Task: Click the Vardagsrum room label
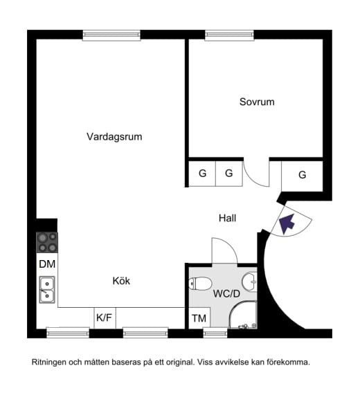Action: coord(114,137)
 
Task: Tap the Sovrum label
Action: coord(257,102)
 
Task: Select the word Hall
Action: coord(228,218)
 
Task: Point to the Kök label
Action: coord(121,281)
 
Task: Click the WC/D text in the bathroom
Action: coord(226,293)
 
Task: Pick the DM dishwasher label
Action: coord(46,264)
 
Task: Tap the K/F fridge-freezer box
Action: coord(104,318)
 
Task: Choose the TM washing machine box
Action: coord(198,319)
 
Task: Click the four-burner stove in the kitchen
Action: coord(47,242)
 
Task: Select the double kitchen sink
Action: coord(47,290)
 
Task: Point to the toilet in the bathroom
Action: coord(201,284)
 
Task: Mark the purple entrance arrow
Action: coord(287,223)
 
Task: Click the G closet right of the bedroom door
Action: coord(302,175)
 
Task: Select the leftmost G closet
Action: coord(202,174)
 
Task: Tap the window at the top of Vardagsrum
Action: coord(111,34)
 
